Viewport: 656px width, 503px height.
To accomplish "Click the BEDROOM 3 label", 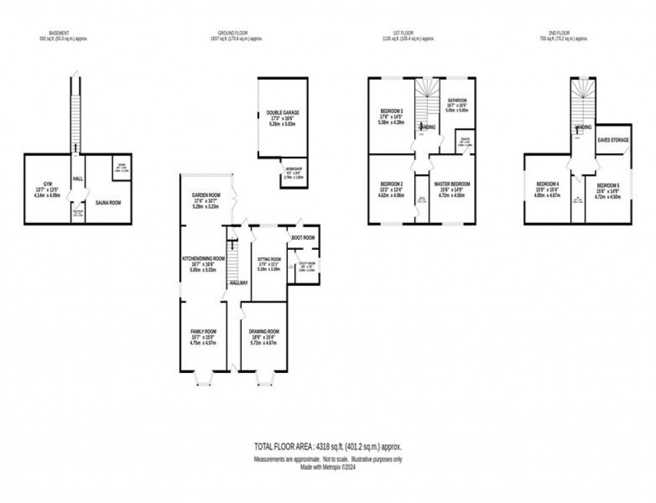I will coord(392,111).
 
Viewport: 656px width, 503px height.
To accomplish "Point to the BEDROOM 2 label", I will coord(392,184).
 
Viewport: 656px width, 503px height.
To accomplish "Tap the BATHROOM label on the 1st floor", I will coord(457,100).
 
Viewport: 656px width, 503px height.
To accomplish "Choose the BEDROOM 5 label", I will coord(608,185).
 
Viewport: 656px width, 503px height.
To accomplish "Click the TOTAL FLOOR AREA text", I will coord(327,446).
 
